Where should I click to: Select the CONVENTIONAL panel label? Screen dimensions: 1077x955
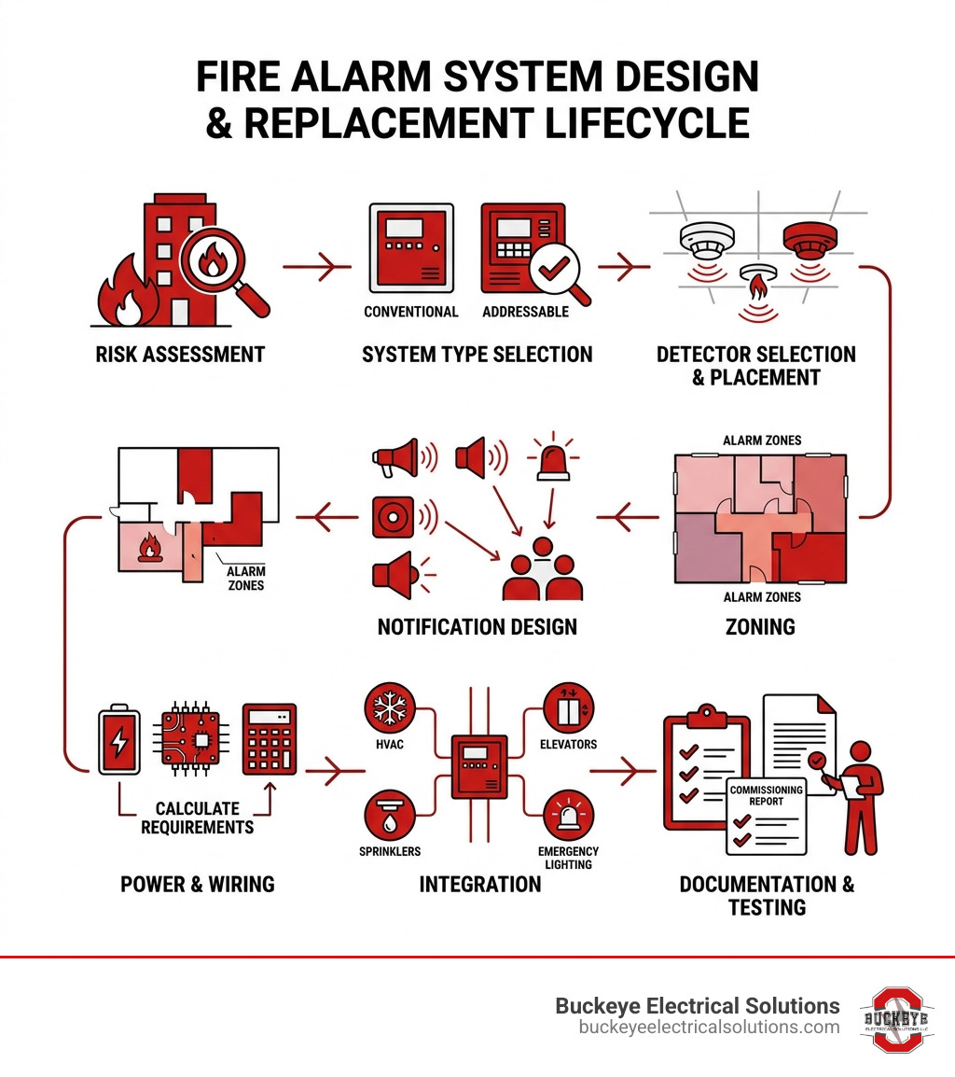[411, 312]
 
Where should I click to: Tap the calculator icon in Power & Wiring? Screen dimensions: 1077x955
[269, 739]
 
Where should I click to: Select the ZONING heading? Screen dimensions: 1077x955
[760, 627]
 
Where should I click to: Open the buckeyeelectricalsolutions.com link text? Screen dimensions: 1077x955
[709, 1027]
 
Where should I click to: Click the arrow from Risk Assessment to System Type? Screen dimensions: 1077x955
[317, 268]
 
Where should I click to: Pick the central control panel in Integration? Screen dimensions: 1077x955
[479, 766]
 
